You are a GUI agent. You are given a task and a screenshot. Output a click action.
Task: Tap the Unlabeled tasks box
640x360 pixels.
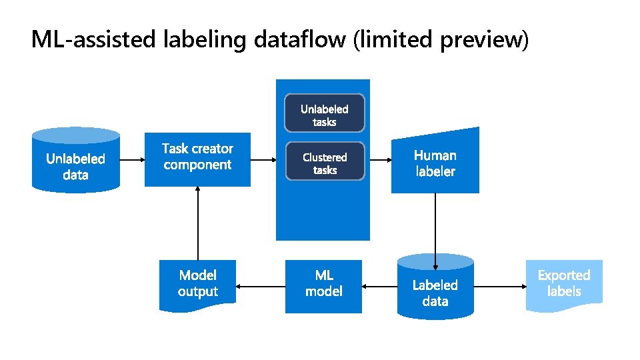[325, 114]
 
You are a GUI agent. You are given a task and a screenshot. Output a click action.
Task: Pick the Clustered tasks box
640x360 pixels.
[325, 162]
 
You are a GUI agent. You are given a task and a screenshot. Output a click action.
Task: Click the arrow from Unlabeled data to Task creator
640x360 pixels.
[132, 160]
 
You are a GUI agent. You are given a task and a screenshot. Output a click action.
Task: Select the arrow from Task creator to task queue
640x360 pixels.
[263, 160]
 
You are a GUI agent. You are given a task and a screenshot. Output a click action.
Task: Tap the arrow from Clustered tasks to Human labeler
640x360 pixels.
[378, 160]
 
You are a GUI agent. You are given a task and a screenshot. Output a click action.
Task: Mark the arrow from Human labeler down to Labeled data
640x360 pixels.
[435, 223]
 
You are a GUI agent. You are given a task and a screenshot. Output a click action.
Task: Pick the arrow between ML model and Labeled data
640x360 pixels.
[379, 287]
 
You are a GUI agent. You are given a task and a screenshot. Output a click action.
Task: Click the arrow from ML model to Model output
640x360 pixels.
[261, 287]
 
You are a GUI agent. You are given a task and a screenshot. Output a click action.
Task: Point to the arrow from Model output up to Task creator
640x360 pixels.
[198, 223]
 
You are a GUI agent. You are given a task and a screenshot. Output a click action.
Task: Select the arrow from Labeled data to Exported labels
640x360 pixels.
[500, 287]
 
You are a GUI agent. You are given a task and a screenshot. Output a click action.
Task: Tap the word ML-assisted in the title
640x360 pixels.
[93, 40]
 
